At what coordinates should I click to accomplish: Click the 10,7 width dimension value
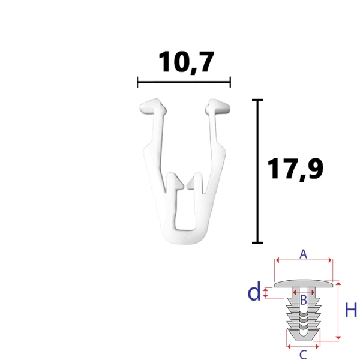point(186,62)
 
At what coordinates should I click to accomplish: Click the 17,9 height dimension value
point(295,169)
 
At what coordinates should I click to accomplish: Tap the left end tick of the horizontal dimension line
point(137,82)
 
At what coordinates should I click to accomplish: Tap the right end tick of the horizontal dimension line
point(230,82)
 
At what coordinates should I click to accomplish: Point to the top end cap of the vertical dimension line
point(257,100)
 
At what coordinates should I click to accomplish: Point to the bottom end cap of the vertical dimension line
point(257,242)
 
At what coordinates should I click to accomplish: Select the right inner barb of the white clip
point(194,181)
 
